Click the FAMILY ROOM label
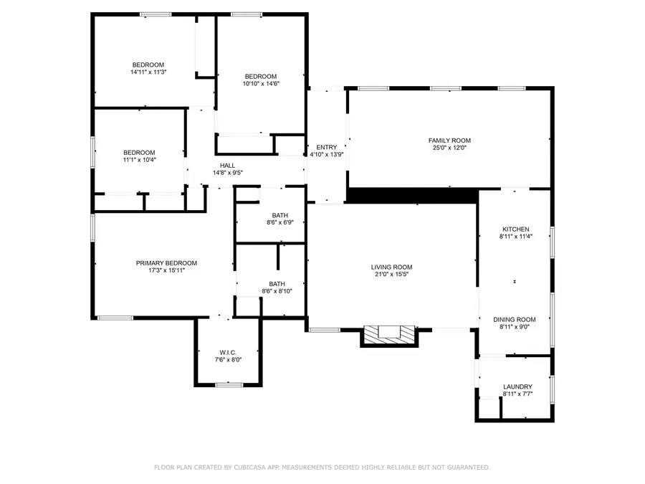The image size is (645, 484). click(449, 141)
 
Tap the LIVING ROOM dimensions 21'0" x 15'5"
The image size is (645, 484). click(393, 275)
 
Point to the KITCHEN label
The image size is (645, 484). click(515, 229)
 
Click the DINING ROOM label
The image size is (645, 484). click(515, 320)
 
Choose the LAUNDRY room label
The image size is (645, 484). click(517, 386)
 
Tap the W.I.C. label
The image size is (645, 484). click(228, 352)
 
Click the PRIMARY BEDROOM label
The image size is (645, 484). click(166, 263)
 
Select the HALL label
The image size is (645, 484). click(227, 166)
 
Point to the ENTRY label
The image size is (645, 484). click(326, 148)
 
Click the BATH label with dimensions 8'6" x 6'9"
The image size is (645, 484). click(279, 215)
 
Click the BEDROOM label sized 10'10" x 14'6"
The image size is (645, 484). click(260, 77)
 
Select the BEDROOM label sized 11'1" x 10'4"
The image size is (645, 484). click(139, 152)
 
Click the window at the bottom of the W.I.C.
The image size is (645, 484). click(229, 385)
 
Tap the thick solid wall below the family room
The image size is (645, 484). click(413, 195)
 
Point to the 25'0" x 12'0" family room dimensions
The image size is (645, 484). click(449, 148)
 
